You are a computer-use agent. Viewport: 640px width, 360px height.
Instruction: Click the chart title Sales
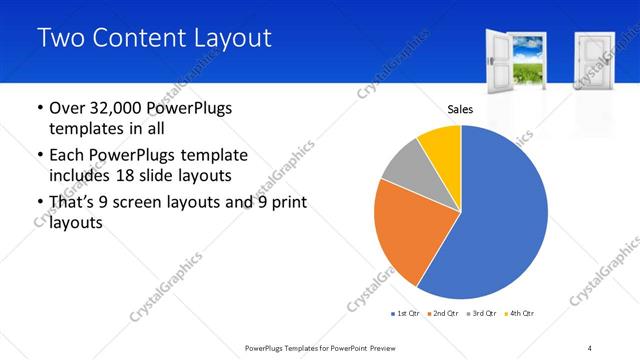click(x=460, y=110)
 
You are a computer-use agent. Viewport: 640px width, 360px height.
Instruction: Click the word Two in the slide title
click(x=59, y=39)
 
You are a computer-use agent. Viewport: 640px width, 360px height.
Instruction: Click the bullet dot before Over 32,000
click(x=38, y=108)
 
